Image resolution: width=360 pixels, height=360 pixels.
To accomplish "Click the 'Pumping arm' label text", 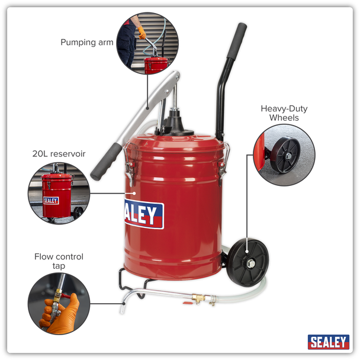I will [87, 43].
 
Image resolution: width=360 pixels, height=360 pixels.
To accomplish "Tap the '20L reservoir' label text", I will [59, 154].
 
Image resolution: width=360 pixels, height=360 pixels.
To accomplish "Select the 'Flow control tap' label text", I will [59, 261].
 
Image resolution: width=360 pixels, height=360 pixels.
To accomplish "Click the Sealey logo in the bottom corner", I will [328, 342].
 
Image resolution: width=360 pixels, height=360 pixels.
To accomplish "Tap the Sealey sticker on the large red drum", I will [144, 214].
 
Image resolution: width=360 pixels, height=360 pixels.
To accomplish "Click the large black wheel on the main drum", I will [247, 262].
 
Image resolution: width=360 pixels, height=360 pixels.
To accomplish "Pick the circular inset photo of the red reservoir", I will [58, 192].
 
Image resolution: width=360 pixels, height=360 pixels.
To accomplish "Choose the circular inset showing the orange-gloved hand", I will [58, 303].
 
